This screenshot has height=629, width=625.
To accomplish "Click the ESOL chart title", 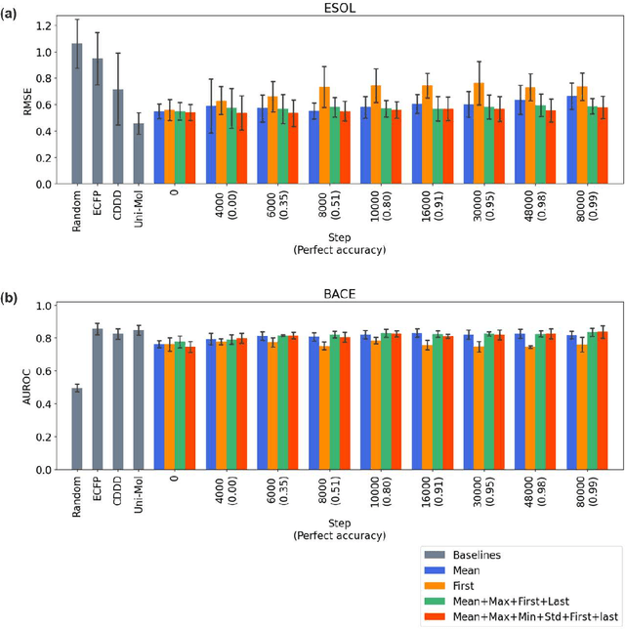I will point(341,8).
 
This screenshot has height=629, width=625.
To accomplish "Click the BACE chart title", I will point(341,292).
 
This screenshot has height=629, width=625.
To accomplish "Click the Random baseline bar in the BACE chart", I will point(77,429).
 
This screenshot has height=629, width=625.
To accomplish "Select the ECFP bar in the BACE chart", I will point(98,399).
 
